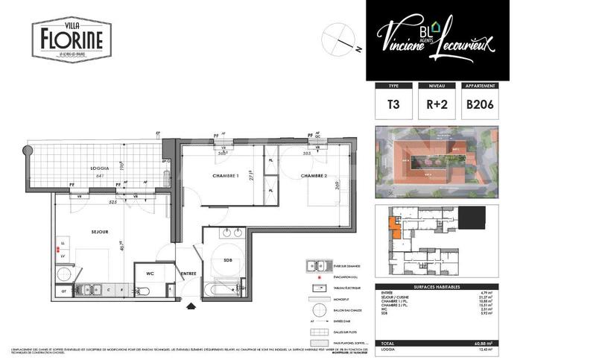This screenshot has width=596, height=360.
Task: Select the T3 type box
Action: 393,104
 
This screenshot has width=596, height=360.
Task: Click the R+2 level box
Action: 436,104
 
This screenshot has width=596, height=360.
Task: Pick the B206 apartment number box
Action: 480,104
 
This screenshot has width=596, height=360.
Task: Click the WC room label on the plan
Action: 150,274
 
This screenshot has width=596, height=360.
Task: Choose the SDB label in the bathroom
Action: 228,260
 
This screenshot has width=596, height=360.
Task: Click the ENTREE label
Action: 189,274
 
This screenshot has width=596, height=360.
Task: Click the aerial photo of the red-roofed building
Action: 437,161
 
